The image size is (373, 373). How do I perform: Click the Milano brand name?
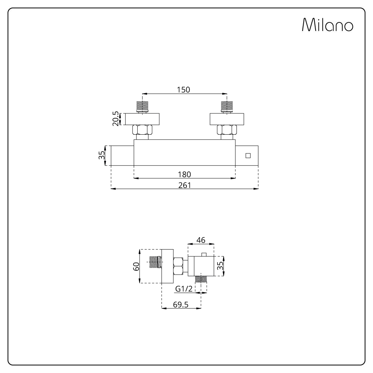click(x=327, y=25)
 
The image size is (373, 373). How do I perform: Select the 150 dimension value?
click(x=184, y=90)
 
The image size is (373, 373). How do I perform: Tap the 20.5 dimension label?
click(x=116, y=119)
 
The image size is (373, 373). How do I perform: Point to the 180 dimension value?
click(x=184, y=174)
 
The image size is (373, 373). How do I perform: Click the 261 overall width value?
click(x=185, y=185)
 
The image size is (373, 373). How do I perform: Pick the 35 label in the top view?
click(x=101, y=155)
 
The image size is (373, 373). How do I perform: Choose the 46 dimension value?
click(x=201, y=240)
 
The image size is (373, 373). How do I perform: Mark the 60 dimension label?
click(x=136, y=266)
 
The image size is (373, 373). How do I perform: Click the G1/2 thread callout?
click(x=184, y=289)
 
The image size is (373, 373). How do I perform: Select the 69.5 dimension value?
click(x=181, y=304)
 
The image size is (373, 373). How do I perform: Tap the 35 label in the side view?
click(x=220, y=266)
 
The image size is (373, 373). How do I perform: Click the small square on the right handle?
click(x=248, y=156)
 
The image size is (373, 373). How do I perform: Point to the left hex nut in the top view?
click(x=142, y=130)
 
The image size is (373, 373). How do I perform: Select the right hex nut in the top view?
click(x=227, y=130)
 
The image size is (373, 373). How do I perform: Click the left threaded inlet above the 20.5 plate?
click(x=142, y=107)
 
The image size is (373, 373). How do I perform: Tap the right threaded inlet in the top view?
click(x=227, y=107)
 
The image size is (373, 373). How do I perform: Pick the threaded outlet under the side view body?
click(x=201, y=279)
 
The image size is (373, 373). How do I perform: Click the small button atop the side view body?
click(x=204, y=254)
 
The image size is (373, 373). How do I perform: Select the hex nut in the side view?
click(x=178, y=266)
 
